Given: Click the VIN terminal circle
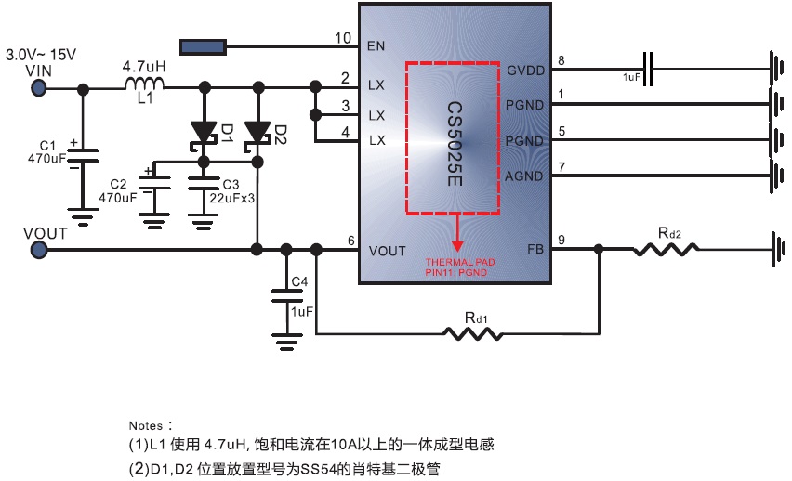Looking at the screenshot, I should click(39, 88).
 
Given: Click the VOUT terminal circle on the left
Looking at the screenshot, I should click(39, 249).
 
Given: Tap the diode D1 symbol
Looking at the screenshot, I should click(203, 133).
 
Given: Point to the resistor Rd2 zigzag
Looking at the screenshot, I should click(666, 249).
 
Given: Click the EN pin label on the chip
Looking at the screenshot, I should click(377, 44).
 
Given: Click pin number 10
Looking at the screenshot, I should click(344, 38).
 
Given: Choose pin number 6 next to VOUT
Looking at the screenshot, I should click(350, 241).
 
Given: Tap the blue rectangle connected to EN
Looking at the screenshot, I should click(204, 45).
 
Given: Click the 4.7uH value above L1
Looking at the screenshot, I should click(144, 67).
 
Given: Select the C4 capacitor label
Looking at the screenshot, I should click(298, 281).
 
